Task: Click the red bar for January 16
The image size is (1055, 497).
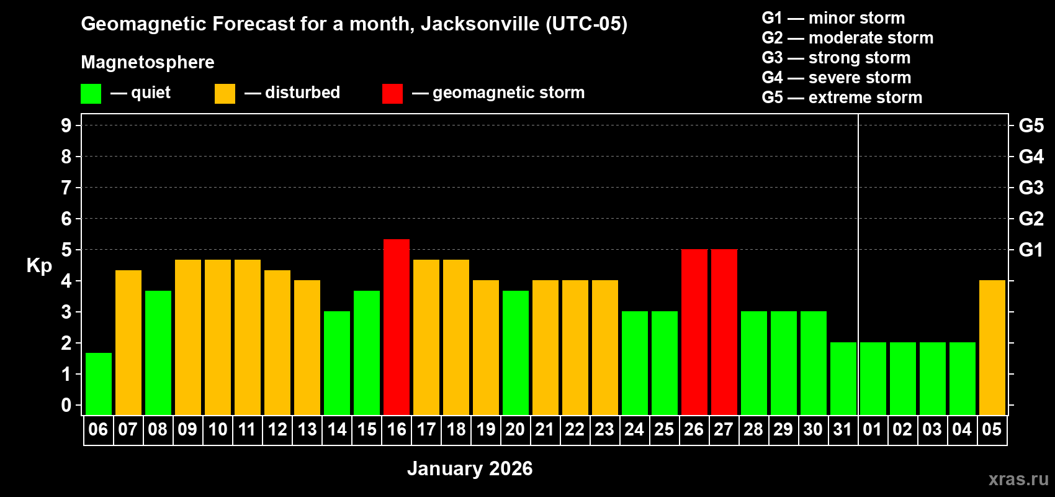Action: coord(397,327)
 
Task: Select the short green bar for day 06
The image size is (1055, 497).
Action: coord(99,383)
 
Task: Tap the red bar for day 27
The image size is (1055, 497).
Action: coord(724,332)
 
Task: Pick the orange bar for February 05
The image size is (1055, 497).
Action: coord(992,347)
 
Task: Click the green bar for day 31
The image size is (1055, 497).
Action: coord(843,378)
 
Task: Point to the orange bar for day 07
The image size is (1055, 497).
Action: coord(128,342)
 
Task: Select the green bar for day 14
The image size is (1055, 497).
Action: coord(337,363)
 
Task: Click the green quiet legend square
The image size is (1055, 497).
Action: coord(91,94)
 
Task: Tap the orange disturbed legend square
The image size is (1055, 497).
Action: coord(225,94)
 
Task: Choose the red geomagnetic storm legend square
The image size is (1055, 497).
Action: coord(392,94)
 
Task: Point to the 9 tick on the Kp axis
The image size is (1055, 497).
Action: coord(66,125)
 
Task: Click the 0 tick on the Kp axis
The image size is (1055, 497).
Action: coord(66,405)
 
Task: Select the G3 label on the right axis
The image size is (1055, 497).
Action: coord(1031,188)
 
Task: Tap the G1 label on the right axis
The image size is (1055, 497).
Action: coord(1031,250)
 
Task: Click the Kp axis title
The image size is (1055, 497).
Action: coord(39,266)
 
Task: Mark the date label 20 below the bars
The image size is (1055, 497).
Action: coord(515,429)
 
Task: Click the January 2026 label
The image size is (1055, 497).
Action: coord(470,468)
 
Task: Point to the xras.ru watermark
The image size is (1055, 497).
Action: coord(1018,479)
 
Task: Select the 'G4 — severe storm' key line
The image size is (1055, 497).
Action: coord(837,78)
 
